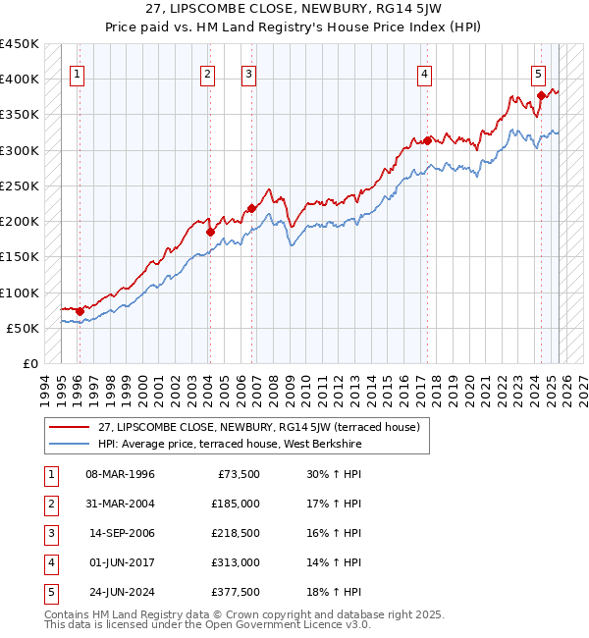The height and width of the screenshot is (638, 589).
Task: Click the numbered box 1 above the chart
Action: [77, 73]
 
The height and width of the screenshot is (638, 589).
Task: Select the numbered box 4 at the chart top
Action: [424, 73]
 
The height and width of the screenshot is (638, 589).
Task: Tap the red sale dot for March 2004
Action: [210, 233]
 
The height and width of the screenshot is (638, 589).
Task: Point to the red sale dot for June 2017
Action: [428, 140]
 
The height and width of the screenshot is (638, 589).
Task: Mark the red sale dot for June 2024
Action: [542, 95]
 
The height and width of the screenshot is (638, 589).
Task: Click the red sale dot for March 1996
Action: [80, 311]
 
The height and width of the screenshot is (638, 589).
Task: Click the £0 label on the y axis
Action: [29, 363]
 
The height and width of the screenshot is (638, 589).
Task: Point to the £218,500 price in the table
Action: [236, 533]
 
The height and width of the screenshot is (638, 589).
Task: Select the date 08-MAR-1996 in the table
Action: [121, 474]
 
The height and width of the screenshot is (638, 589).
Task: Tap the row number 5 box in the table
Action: [49, 592]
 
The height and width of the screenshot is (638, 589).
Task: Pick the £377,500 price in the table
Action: [236, 592]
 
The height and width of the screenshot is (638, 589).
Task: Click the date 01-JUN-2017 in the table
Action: [121, 562]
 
